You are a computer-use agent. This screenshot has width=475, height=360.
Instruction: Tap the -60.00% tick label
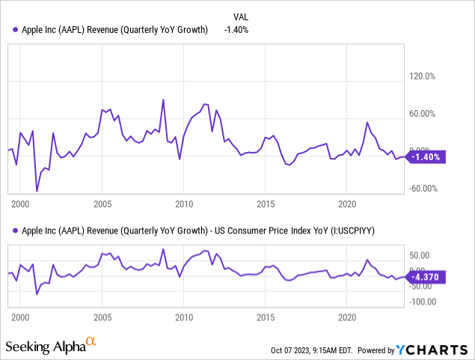(x=424, y=189)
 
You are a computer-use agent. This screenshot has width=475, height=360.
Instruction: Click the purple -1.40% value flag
(x=426, y=157)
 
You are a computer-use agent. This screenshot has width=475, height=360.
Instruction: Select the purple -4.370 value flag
(x=426, y=276)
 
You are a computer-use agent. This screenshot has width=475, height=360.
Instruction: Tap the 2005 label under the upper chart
(x=102, y=204)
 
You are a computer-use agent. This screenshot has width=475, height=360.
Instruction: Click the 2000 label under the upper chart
(x=20, y=204)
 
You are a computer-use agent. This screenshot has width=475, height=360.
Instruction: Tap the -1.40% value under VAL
(x=236, y=29)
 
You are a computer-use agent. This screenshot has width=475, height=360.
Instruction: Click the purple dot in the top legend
(x=16, y=29)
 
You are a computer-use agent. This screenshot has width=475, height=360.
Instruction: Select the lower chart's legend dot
(x=16, y=231)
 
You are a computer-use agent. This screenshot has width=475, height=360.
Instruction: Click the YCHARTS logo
(x=437, y=350)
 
